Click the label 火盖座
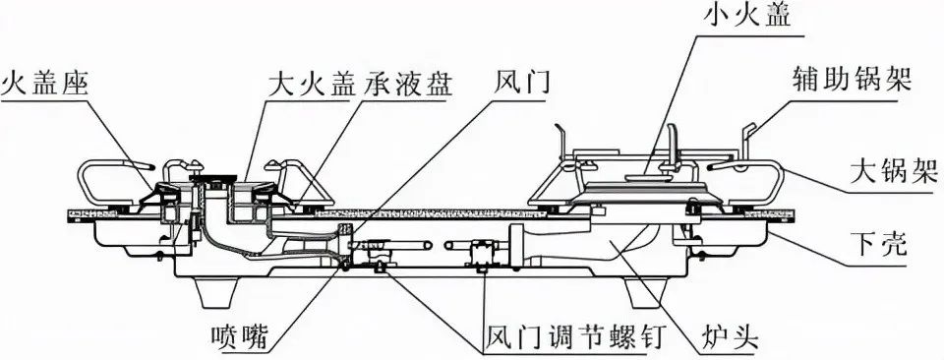tap(46, 83)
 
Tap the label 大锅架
tap(895, 172)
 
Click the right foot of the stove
tap(643, 292)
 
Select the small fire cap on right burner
tap(645, 177)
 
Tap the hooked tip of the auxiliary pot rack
tap(748, 129)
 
